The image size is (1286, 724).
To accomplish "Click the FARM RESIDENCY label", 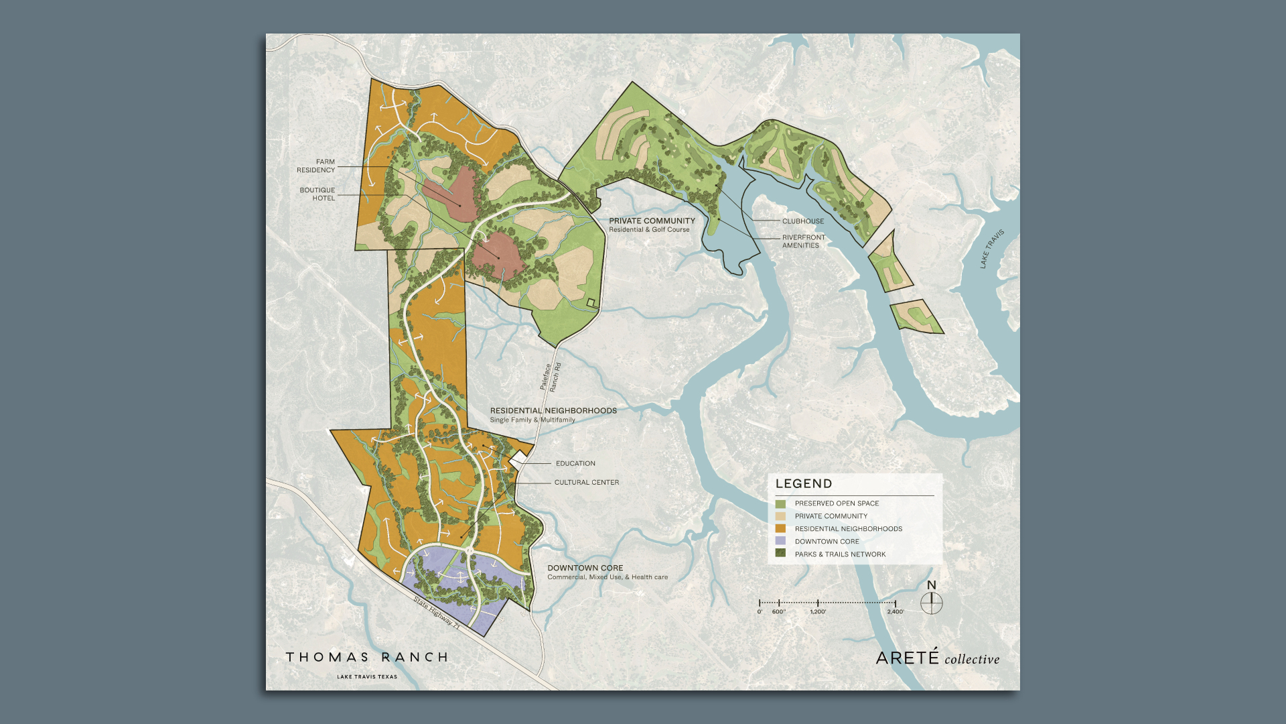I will pyautogui.click(x=316, y=166).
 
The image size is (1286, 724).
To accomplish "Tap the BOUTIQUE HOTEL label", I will pyautogui.click(x=317, y=194).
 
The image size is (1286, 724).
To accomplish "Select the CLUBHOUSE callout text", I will pyautogui.click(x=803, y=221).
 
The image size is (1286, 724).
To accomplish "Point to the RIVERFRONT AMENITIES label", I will pyautogui.click(x=803, y=241).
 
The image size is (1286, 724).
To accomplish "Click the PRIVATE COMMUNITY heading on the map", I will pyautogui.click(x=652, y=221).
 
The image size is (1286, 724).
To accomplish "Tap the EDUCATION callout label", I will pyautogui.click(x=575, y=464).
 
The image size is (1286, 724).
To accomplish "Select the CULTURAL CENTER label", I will pyautogui.click(x=587, y=483).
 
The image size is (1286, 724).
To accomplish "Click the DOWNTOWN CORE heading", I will pyautogui.click(x=585, y=568).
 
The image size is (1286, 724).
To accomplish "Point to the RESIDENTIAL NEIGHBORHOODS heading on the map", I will pyautogui.click(x=553, y=411).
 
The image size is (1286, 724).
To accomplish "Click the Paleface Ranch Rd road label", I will pyautogui.click(x=551, y=377).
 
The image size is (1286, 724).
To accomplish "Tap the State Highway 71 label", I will pyautogui.click(x=437, y=613).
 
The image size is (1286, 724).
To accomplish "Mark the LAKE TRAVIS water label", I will pyautogui.click(x=992, y=249).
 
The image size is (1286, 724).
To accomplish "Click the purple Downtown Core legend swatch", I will pyautogui.click(x=780, y=541).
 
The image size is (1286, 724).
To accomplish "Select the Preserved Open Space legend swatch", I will pyautogui.click(x=780, y=503).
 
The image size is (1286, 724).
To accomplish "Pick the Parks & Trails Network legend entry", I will pyautogui.click(x=840, y=554).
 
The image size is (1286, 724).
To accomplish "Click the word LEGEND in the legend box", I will pyautogui.click(x=804, y=484).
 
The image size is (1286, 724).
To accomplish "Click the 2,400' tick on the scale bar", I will pyautogui.click(x=896, y=603).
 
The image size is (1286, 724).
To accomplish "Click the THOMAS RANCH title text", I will pyautogui.click(x=367, y=658).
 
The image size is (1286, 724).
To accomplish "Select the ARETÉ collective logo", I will pyautogui.click(x=937, y=658).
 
